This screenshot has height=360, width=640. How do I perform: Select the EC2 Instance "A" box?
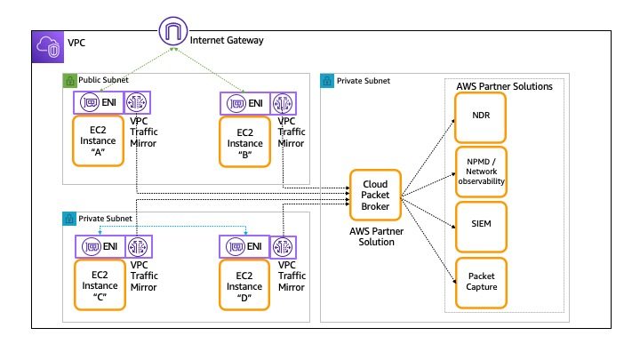[x=99, y=140]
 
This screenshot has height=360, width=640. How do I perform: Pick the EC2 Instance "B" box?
[x=245, y=140]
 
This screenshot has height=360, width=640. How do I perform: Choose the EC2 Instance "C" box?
[x=99, y=283]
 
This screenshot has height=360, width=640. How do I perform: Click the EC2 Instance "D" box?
[x=245, y=283]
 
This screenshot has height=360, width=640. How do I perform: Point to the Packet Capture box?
[x=481, y=281]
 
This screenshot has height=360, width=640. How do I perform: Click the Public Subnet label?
[x=103, y=80]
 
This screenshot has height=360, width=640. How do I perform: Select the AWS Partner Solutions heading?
[x=504, y=86]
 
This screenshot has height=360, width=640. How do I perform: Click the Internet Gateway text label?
[x=226, y=39]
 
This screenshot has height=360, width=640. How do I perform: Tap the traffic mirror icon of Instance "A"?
[x=139, y=103]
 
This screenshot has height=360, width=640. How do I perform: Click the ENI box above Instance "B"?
[x=245, y=103]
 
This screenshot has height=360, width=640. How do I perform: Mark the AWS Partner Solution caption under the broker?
[x=377, y=236]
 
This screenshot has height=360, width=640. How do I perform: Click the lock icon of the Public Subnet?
[x=69, y=80]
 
